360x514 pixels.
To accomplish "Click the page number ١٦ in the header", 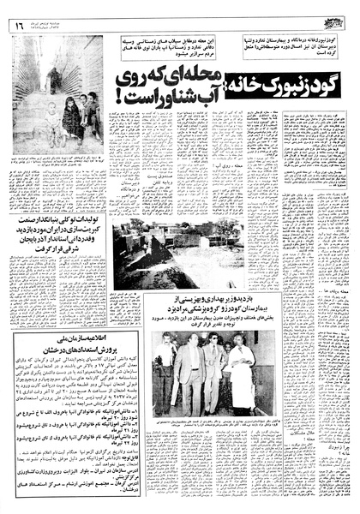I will point(19,25).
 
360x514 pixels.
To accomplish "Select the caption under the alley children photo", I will point(57,161).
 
